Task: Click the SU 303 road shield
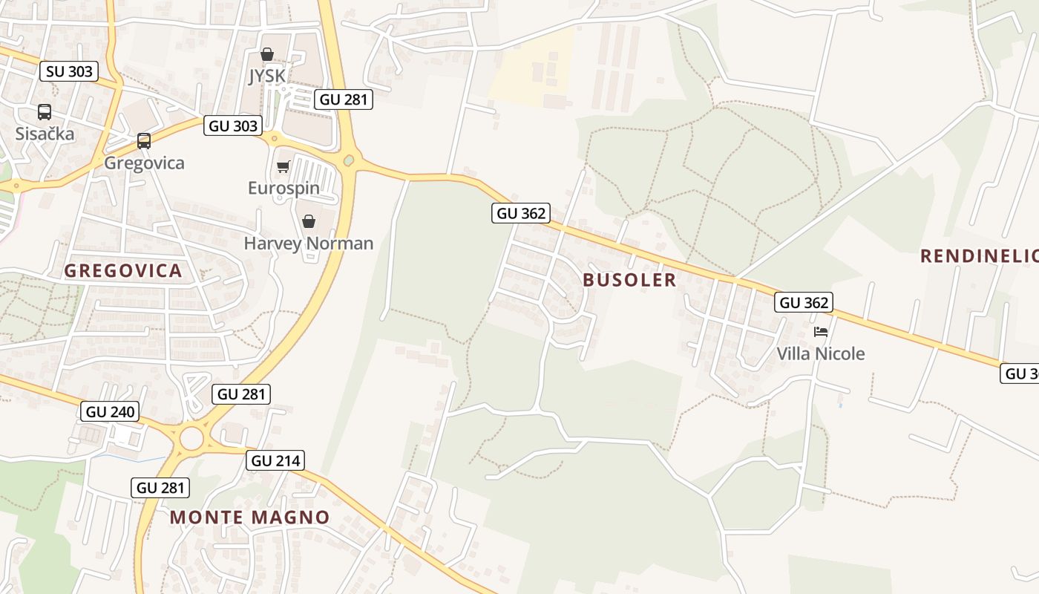tap(69, 71)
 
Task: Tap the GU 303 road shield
tap(234, 125)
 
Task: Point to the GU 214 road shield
tap(276, 460)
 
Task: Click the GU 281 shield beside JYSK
tap(343, 99)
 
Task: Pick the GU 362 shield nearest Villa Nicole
tap(804, 302)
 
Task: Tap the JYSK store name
tap(266, 76)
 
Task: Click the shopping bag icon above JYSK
tap(266, 55)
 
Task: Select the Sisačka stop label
tap(45, 134)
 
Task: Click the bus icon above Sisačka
tap(45, 112)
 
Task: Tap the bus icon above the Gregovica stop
tap(144, 141)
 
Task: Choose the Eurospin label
tap(283, 188)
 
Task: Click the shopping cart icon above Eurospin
tap(283, 167)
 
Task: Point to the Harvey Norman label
tap(309, 243)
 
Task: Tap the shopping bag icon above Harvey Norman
tap(309, 221)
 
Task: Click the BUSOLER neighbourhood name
tap(629, 280)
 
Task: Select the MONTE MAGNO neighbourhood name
tap(250, 517)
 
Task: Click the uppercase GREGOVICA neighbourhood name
tap(123, 270)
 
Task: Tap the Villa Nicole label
tap(821, 353)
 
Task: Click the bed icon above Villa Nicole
tap(821, 332)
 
